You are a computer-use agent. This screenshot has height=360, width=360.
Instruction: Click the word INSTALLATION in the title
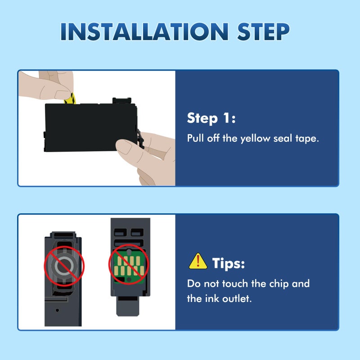pos(144,31)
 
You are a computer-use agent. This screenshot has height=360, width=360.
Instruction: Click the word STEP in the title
pos(263,31)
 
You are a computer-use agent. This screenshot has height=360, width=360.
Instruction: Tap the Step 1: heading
pos(211,118)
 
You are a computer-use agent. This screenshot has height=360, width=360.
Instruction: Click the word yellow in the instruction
pos(255,139)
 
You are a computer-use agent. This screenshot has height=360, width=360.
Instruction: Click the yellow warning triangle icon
pos(198,261)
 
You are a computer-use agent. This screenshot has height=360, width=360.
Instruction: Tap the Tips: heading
pos(229,263)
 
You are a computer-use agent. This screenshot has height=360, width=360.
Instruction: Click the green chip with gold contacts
pos(129,266)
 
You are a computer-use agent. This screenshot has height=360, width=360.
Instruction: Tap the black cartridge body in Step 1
pos(91,127)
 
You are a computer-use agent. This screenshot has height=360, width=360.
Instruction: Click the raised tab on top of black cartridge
pos(122,100)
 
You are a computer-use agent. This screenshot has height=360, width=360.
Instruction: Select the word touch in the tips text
pos(235,283)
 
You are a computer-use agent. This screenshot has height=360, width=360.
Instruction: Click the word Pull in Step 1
pos(195,138)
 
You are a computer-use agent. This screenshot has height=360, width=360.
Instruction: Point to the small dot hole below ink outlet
pos(58,310)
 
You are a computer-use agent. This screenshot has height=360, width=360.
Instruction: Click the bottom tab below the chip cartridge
pos(128,306)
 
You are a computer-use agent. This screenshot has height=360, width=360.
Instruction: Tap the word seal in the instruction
pos(283,138)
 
